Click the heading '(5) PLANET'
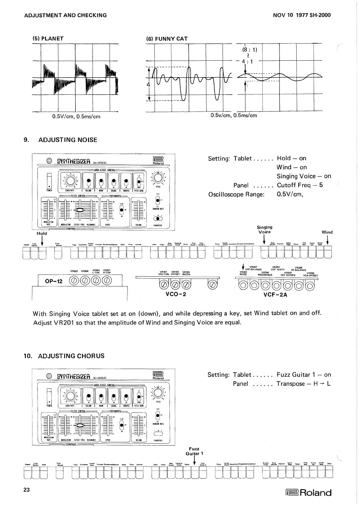pyautogui.click(x=48, y=39)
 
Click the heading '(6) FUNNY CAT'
pyautogui.click(x=167, y=39)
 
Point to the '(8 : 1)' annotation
pyautogui.click(x=249, y=49)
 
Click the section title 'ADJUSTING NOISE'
pyautogui.click(x=68, y=140)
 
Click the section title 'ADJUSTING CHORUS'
pyautogui.click(x=71, y=356)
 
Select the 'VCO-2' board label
pyautogui.click(x=176, y=294)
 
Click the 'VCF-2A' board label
pyautogui.click(x=275, y=295)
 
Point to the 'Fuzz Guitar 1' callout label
pyautogui.click(x=194, y=451)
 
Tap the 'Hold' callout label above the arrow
pyautogui.click(x=42, y=233)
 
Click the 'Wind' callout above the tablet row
pyautogui.click(x=327, y=232)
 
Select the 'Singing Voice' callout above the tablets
pyautogui.click(x=264, y=230)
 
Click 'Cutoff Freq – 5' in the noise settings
pyautogui.click(x=300, y=185)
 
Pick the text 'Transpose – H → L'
pyautogui.click(x=304, y=384)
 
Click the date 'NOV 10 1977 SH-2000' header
pyautogui.click(x=302, y=15)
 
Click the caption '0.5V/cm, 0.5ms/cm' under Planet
pyautogui.click(x=76, y=117)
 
